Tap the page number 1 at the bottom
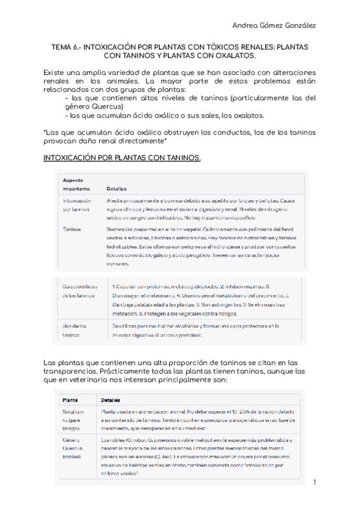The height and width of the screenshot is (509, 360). pos(314,482)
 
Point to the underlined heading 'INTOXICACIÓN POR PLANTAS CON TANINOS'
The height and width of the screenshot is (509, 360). pos(122,158)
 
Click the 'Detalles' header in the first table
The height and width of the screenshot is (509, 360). pos(116,188)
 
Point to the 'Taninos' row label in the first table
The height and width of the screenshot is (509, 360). pos(73,229)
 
